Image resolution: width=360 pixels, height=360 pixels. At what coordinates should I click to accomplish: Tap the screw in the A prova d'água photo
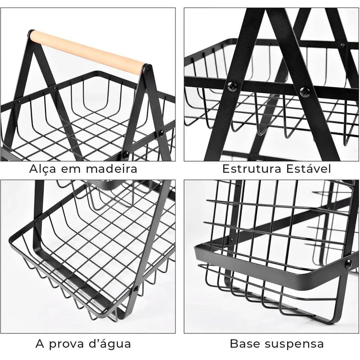pos(135,288)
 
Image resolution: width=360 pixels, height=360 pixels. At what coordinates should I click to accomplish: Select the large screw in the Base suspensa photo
pos(348,264)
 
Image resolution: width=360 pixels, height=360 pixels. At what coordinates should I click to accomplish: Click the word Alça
pos(43,170)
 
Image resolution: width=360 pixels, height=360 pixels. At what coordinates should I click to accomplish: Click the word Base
pos(245,344)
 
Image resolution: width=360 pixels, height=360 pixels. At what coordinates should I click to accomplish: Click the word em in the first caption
pos(73,170)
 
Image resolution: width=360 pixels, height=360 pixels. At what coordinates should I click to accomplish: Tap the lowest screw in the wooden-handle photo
pos(126,155)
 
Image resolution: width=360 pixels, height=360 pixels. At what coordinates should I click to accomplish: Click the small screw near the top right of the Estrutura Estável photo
pos(342,45)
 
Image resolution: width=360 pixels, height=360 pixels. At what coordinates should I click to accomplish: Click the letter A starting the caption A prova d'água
pos(40,344)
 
